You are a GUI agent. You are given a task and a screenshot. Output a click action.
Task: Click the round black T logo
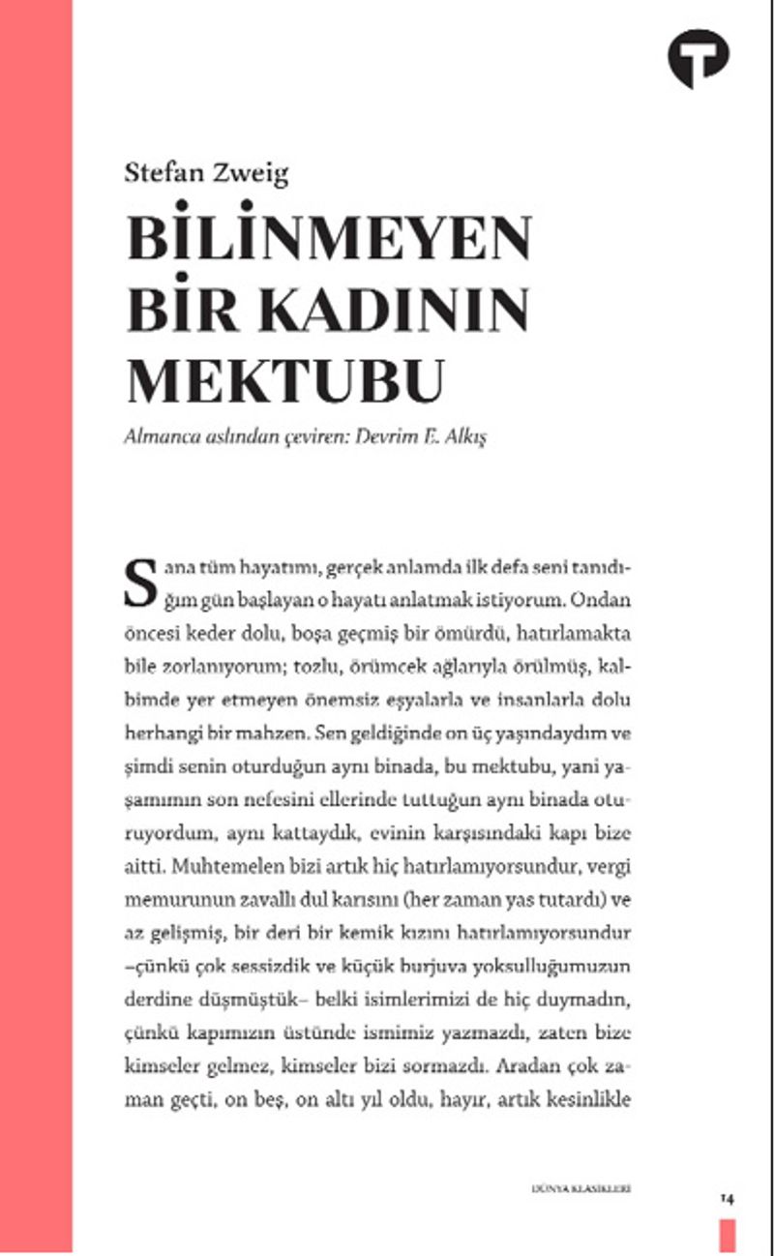pyautogui.click(x=699, y=58)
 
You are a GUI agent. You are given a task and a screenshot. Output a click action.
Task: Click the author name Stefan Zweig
pyautogui.click(x=207, y=173)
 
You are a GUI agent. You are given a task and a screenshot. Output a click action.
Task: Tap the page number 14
pyautogui.click(x=728, y=1198)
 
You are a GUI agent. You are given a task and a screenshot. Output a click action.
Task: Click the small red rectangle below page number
pyautogui.click(x=728, y=1235)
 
